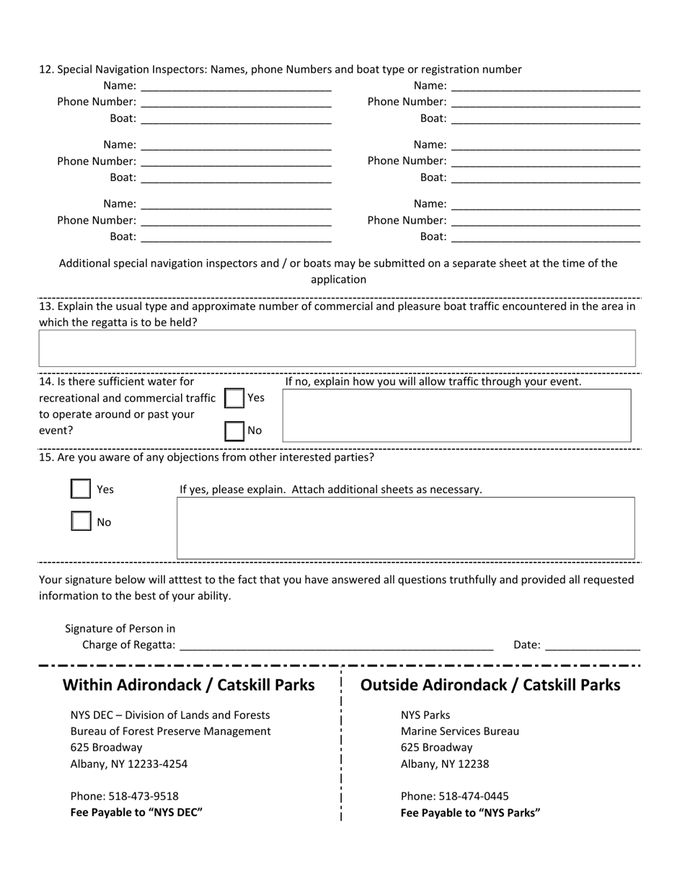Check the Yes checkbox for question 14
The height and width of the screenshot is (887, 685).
(234, 398)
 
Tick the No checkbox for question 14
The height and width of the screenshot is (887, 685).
(234, 431)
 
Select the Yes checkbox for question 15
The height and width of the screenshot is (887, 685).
(81, 489)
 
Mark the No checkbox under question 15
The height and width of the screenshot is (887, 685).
(81, 521)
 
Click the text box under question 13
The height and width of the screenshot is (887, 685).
(337, 348)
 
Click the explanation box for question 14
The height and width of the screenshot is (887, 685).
(456, 415)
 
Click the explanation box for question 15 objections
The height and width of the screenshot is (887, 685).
(406, 528)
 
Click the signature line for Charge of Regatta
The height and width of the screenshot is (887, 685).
(336, 644)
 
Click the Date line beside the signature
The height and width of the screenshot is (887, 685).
(593, 644)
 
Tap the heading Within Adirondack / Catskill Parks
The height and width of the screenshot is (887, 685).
(189, 684)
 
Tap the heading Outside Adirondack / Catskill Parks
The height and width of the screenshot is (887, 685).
(490, 684)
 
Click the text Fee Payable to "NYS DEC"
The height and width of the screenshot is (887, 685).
(136, 813)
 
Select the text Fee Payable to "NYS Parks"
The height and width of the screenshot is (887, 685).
(471, 813)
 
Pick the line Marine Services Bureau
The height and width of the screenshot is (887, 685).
(460, 731)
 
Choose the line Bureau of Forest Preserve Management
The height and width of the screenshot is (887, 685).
(171, 731)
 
